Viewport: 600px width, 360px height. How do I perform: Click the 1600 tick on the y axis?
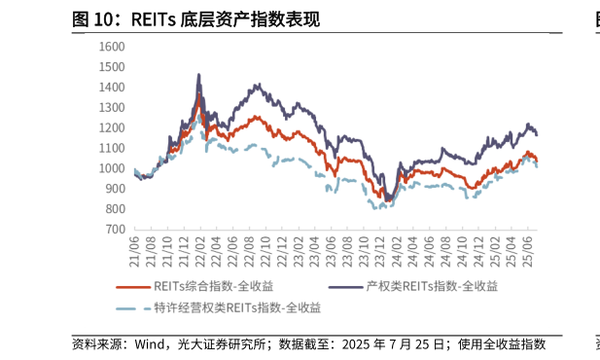pos(113,46)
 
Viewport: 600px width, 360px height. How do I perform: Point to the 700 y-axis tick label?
pos(116,230)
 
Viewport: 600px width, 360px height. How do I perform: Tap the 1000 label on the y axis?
pos(113,168)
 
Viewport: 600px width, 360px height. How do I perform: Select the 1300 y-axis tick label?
pos(113,107)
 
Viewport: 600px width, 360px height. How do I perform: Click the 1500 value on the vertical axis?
pos(113,66)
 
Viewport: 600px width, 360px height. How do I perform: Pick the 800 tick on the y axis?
pos(116,209)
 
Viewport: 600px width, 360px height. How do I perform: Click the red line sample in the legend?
pos(132,286)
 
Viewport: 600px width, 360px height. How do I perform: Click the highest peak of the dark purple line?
pos(199,75)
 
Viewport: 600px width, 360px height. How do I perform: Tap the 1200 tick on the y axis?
pos(113,127)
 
